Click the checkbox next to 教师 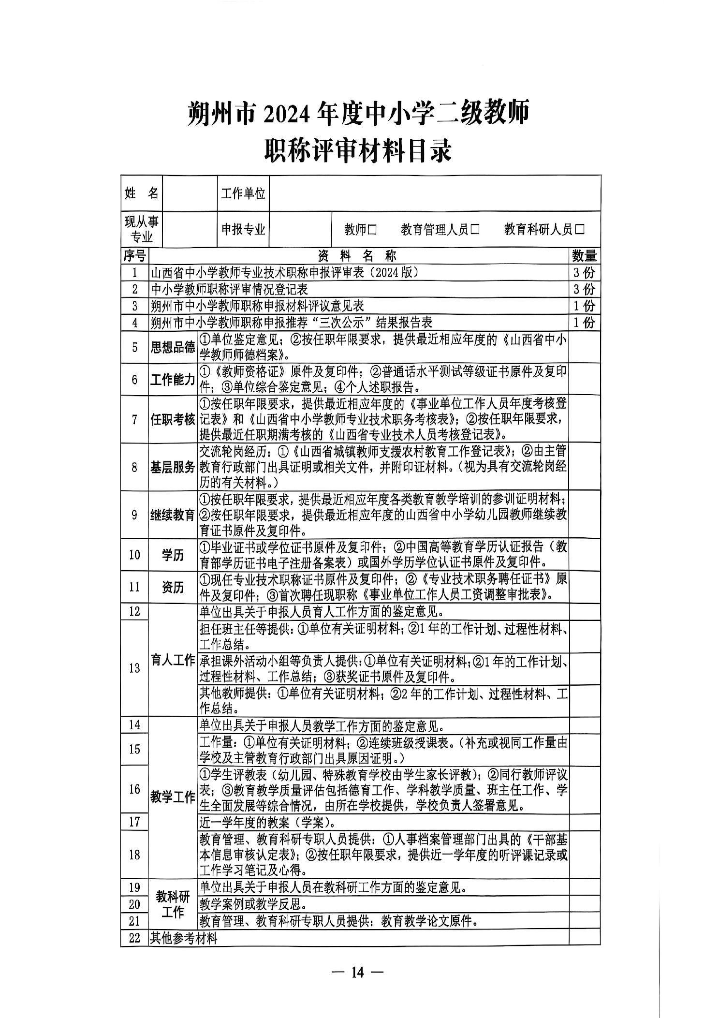(x=372, y=229)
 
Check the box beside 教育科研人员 (x=579, y=229)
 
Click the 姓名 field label (x=141, y=193)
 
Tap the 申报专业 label (x=243, y=229)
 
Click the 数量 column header (x=584, y=255)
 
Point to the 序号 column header (x=134, y=255)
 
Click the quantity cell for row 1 (x=584, y=272)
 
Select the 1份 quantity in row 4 (x=584, y=323)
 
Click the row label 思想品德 (x=173, y=347)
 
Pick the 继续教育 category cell (x=173, y=515)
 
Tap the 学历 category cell (x=173, y=555)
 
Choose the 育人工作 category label (x=173, y=660)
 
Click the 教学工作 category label (x=173, y=797)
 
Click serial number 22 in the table (x=134, y=938)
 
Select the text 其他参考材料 (x=184, y=938)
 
